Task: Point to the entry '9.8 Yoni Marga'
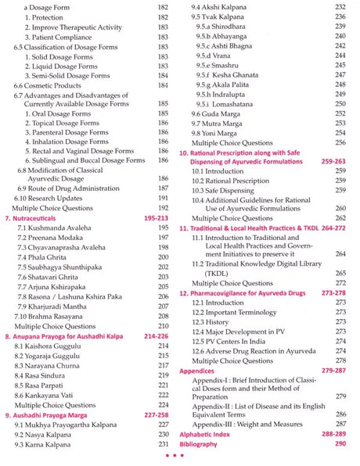tap(218, 134)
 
